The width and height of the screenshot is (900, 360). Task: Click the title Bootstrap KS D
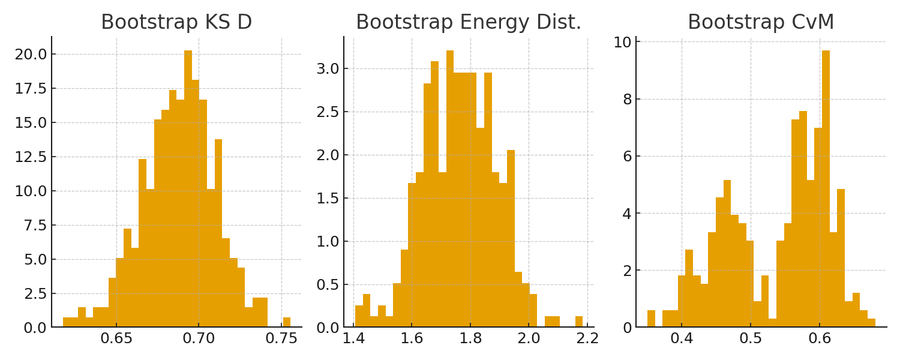(x=176, y=23)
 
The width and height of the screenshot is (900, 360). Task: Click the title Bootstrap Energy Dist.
(x=469, y=23)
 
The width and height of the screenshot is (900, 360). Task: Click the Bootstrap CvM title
(x=761, y=23)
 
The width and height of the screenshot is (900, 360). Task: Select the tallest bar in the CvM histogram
(x=826, y=189)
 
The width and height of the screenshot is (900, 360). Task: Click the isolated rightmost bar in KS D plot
(x=287, y=323)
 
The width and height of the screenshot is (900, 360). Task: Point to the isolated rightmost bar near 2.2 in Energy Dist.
(x=579, y=322)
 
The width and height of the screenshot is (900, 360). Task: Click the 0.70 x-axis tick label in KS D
(x=199, y=338)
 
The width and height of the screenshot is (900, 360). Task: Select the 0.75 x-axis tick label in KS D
(x=281, y=338)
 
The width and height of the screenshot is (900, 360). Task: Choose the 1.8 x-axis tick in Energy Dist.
(x=470, y=338)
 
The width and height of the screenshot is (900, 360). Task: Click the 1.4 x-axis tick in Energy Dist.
(x=353, y=338)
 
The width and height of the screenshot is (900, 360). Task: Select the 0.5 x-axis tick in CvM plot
(x=751, y=338)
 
